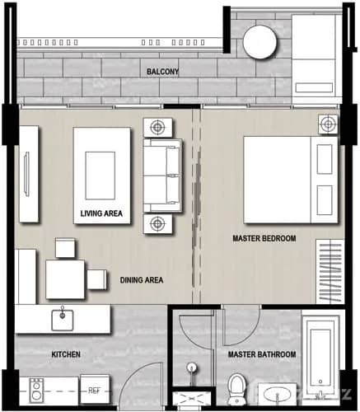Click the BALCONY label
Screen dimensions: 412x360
162,72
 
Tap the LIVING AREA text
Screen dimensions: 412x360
101,213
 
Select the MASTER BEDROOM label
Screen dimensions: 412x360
264,239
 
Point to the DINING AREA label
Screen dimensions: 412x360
140,280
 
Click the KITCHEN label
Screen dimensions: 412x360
66,354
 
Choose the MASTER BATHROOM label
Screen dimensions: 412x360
263,354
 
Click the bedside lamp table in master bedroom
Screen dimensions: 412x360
328,124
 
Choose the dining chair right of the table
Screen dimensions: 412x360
96,279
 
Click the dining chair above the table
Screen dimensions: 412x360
65,246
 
